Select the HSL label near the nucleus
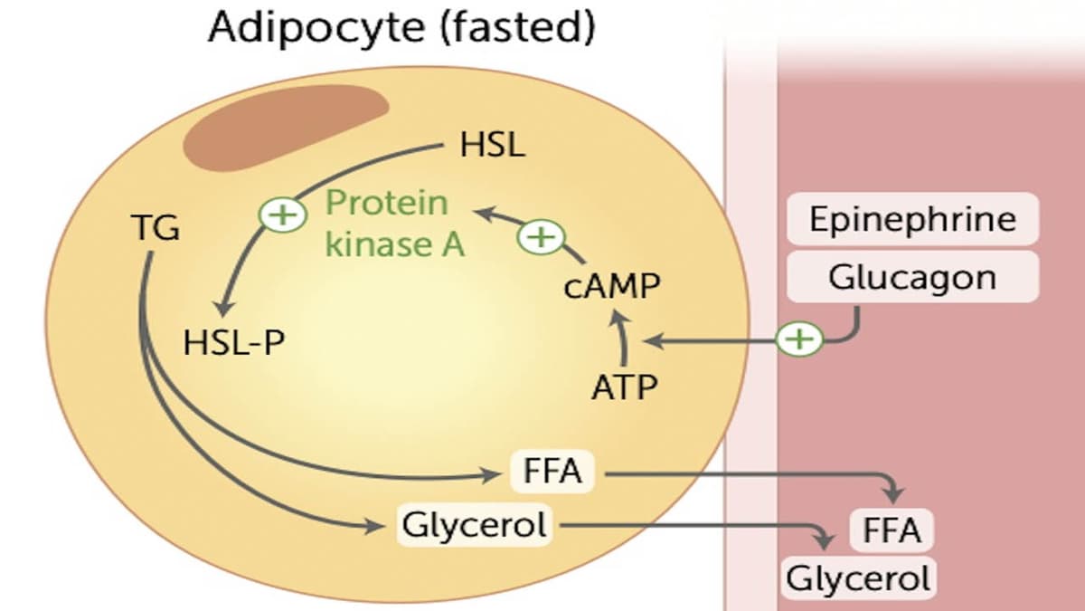click(492, 145)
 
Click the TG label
click(155, 229)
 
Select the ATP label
click(624, 387)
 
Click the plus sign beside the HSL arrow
click(279, 215)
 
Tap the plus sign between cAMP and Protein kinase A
click(540, 238)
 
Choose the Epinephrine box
click(912, 219)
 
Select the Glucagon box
click(912, 277)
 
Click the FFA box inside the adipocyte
click(552, 472)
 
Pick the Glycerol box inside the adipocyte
click(475, 524)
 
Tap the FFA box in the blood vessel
click(892, 530)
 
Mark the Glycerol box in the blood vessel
click(858, 578)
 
